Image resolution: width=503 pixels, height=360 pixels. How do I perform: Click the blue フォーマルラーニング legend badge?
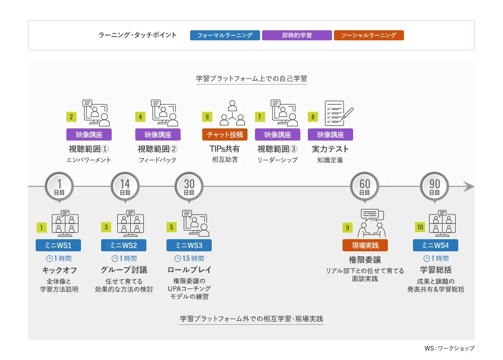(x=225, y=35)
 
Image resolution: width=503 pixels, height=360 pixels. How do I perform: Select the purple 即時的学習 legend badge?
(x=297, y=35)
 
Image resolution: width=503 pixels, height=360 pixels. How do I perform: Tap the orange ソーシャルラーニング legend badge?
(x=369, y=35)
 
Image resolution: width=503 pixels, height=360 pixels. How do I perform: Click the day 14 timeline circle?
(x=125, y=186)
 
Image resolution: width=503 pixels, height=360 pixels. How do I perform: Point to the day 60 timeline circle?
(x=364, y=186)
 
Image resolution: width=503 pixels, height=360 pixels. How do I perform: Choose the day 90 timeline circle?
(x=435, y=186)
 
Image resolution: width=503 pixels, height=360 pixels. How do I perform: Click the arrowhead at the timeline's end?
(x=469, y=186)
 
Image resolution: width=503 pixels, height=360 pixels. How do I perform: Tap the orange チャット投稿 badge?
(x=224, y=134)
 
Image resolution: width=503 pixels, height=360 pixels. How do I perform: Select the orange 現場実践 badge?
(x=365, y=245)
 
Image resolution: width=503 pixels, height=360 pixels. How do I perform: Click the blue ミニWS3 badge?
(x=189, y=245)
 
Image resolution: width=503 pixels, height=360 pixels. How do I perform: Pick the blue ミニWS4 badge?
(x=435, y=245)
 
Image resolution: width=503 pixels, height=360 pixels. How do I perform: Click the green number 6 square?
(x=207, y=117)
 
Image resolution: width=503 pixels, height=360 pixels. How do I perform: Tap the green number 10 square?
(x=420, y=228)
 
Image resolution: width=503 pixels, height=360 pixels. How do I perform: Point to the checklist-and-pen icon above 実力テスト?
(x=339, y=113)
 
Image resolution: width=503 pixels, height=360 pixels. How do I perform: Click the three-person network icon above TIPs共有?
(x=232, y=113)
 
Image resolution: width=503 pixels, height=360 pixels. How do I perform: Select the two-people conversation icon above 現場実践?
(x=372, y=223)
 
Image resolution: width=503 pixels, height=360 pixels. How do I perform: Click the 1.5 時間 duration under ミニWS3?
(x=189, y=258)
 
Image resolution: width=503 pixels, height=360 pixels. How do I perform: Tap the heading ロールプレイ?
(x=189, y=270)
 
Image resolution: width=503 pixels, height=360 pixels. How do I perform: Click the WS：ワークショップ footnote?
(x=449, y=348)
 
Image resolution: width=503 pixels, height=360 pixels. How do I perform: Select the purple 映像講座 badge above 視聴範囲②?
(x=158, y=134)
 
